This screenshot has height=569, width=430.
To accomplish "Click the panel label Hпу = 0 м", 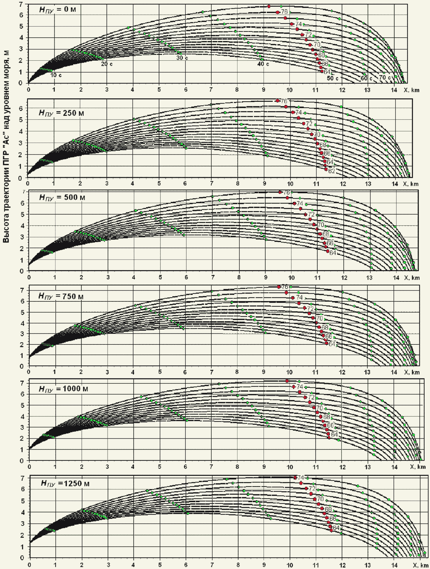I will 58,10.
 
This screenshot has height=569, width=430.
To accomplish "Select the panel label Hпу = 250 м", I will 61,113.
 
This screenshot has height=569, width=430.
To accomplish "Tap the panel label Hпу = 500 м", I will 62,197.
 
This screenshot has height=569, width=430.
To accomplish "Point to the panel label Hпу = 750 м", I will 61,296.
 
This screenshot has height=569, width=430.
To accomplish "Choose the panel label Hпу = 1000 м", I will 63,389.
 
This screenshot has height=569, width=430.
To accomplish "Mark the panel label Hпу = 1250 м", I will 65,483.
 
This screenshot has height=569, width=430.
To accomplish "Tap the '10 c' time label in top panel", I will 56,75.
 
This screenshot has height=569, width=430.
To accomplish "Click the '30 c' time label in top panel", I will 182,58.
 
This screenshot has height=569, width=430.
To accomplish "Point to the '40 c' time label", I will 263,64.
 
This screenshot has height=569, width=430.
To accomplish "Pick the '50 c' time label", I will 333,78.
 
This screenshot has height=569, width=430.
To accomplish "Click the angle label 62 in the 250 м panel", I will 331,171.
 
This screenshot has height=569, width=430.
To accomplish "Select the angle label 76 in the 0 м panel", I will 284,12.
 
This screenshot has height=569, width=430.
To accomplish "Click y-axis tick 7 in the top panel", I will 21,4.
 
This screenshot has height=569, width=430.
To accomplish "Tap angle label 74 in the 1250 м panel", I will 301,477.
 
